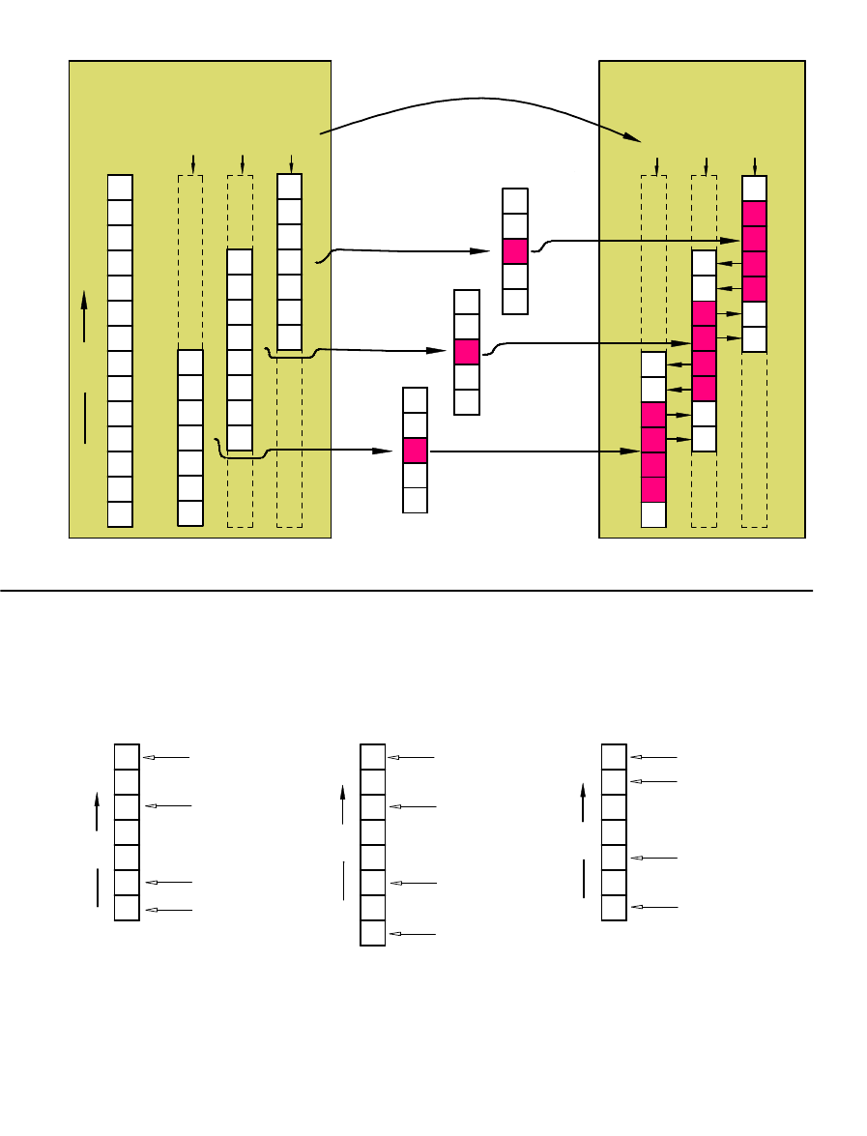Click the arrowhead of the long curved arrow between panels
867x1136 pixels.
tap(633, 137)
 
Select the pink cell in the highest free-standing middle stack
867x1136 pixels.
tap(515, 251)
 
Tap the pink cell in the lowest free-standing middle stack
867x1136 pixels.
tap(415, 450)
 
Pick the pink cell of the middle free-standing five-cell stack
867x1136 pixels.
tap(467, 352)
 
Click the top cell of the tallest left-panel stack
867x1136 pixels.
tap(120, 187)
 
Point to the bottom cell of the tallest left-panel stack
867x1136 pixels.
tap(120, 513)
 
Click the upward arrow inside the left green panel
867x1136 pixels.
tap(84, 317)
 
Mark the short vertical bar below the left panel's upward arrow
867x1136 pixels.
tap(84, 418)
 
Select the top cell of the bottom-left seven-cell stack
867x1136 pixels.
tap(127, 756)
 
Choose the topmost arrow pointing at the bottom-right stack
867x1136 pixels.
tap(653, 757)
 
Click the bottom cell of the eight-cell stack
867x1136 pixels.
tap(372, 933)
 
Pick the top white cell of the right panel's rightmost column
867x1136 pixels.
tap(754, 189)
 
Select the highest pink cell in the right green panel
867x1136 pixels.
tap(754, 214)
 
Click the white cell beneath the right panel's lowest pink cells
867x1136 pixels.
tap(653, 514)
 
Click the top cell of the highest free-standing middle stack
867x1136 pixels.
tap(515, 201)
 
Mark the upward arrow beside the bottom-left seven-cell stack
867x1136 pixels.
tap(98, 810)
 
